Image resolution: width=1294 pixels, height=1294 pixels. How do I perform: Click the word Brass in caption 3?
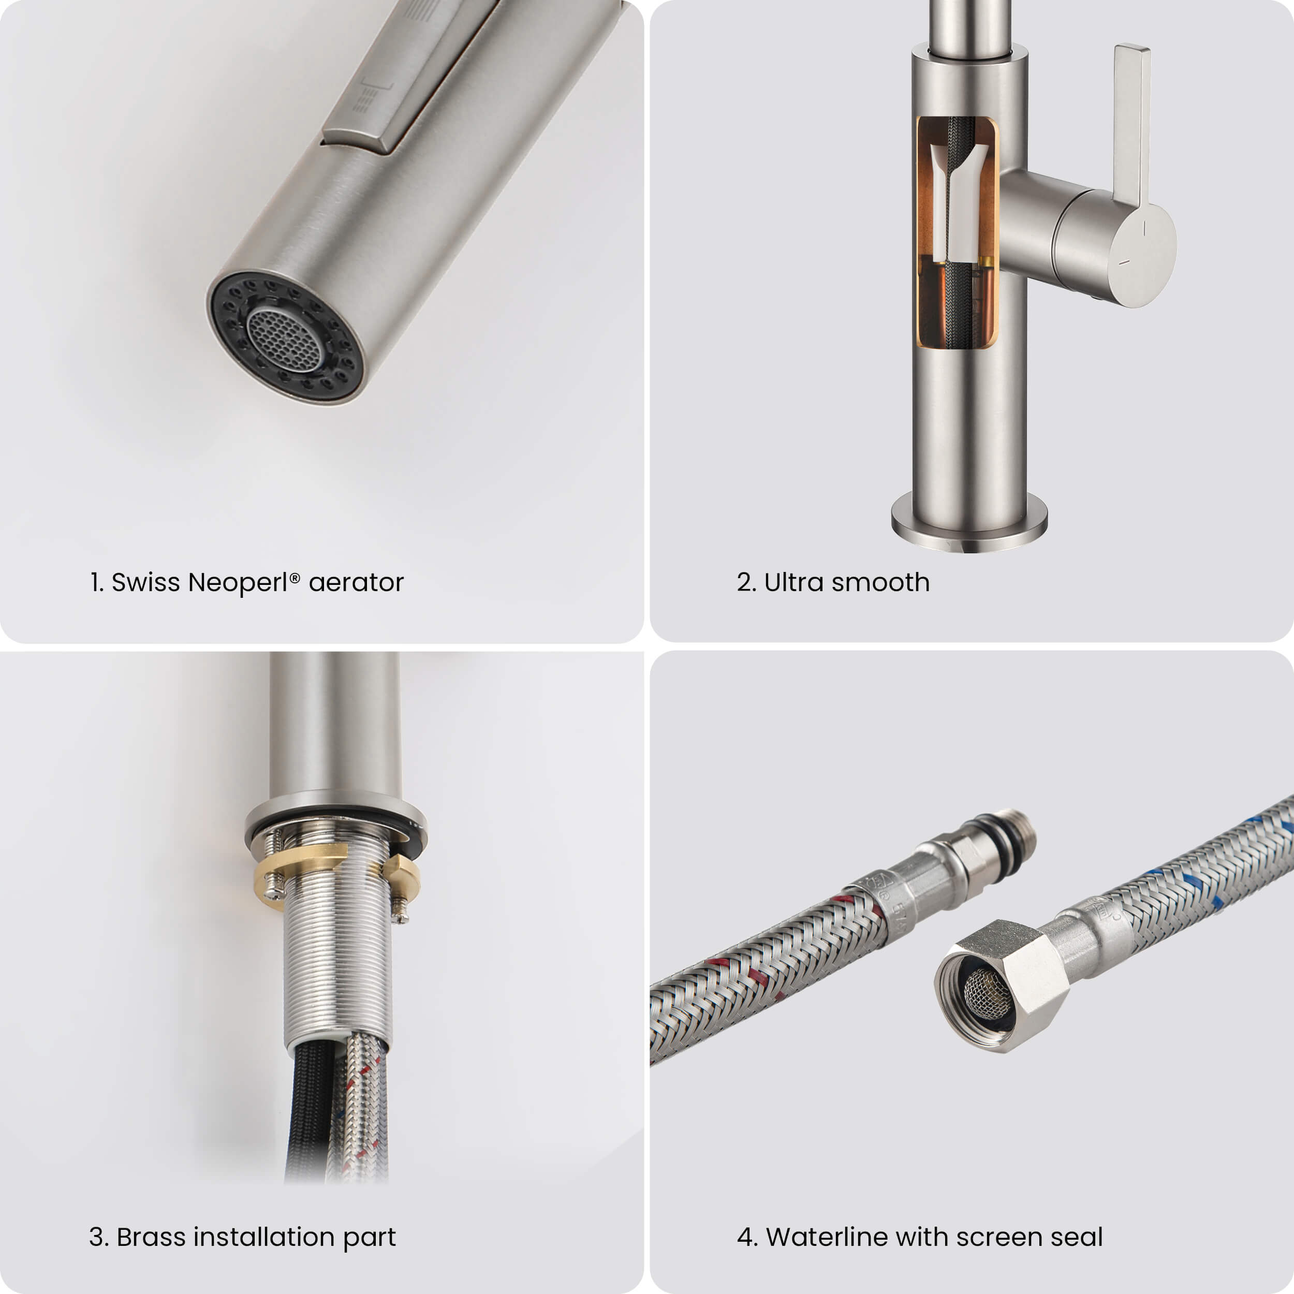tap(151, 1237)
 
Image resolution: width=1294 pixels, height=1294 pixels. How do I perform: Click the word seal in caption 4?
tap(1076, 1237)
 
